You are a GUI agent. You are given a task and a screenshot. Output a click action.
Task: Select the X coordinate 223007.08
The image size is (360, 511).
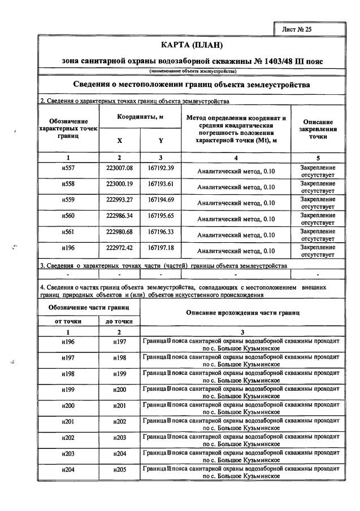[x=119, y=168]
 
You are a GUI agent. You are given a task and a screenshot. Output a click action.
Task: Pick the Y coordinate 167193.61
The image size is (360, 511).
[x=161, y=184]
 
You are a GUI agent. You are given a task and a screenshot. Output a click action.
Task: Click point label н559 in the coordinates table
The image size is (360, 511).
[x=68, y=200]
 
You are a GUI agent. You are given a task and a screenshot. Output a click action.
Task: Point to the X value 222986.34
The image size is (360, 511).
[x=119, y=215]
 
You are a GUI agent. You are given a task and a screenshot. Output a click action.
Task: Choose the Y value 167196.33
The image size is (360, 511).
[x=161, y=231]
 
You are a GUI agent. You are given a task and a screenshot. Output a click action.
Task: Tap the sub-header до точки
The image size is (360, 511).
[x=119, y=321]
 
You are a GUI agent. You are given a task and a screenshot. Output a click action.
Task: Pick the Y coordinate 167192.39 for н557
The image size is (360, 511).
[x=161, y=168]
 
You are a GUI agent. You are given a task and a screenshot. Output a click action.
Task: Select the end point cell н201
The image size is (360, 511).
[x=119, y=406]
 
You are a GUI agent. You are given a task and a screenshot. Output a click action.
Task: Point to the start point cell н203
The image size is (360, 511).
[x=68, y=453]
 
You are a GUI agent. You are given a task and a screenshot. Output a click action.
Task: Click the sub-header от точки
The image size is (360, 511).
[x=68, y=321]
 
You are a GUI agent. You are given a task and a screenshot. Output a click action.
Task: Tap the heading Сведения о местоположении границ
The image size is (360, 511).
[x=192, y=85]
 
